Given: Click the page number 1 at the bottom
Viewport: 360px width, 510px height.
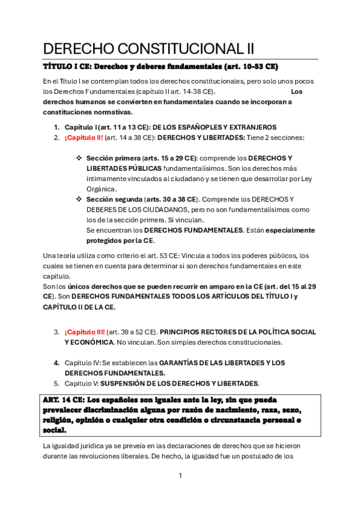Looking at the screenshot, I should [x=180, y=475].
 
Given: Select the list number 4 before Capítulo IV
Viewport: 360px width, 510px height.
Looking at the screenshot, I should [x=56, y=363].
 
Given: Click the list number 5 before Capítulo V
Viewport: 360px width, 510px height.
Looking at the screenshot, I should [x=56, y=383].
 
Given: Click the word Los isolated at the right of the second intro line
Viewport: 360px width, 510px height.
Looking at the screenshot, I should [x=296, y=91].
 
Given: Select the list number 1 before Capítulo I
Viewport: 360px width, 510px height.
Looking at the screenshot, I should [x=56, y=127].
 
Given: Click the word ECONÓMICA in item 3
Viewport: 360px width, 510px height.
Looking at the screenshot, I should [x=91, y=342].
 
